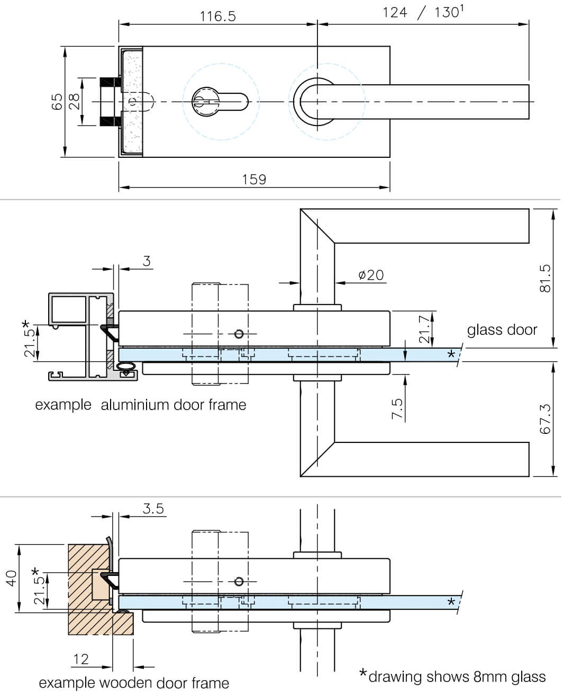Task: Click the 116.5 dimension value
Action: (x=217, y=16)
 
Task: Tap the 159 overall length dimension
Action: (x=254, y=180)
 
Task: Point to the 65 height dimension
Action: (x=57, y=102)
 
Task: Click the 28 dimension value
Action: (x=74, y=101)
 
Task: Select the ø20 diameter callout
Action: (x=370, y=275)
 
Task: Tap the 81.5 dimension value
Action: (x=546, y=278)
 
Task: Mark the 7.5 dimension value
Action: (x=397, y=409)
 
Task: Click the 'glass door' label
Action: (x=502, y=330)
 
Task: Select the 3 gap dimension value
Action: (x=147, y=261)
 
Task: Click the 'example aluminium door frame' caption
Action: (x=141, y=405)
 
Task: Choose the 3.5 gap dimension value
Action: (x=153, y=509)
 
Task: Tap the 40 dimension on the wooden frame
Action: (x=11, y=577)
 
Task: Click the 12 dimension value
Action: (x=80, y=659)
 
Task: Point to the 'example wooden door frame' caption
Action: (x=134, y=683)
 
